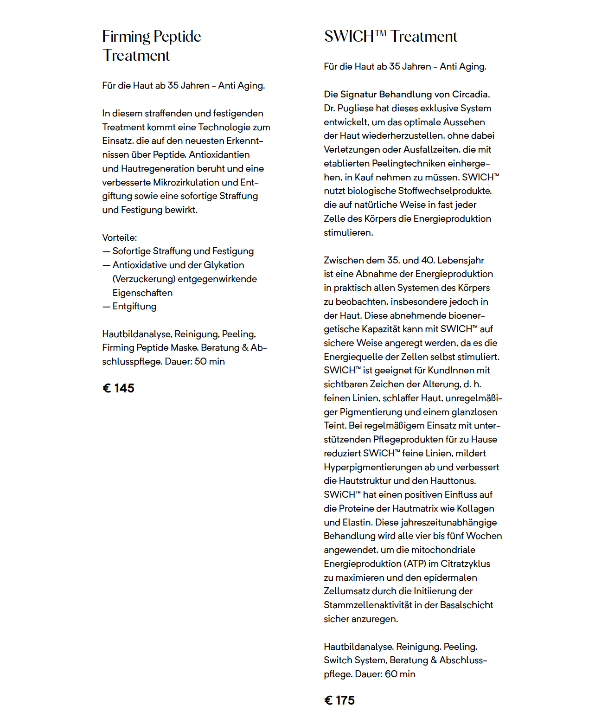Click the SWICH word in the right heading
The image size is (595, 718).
click(349, 37)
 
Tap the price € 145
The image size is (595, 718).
click(118, 388)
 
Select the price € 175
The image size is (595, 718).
click(339, 700)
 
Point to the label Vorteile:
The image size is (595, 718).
click(120, 237)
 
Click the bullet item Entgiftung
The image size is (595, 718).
click(134, 307)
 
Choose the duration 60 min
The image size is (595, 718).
click(400, 674)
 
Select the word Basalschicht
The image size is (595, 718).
click(467, 605)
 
